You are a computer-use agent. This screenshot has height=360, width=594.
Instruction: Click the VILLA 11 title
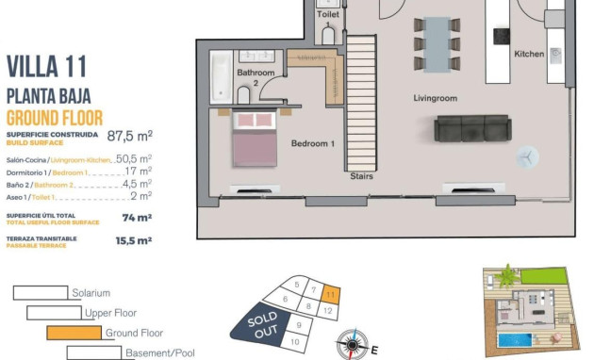click(x=47, y=66)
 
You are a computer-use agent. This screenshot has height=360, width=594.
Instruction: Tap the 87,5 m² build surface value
click(x=130, y=135)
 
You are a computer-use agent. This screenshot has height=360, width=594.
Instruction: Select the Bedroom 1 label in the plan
click(x=312, y=143)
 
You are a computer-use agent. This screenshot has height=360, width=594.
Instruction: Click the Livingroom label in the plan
click(x=435, y=98)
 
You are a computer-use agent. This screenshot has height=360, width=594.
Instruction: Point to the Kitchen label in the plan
click(x=529, y=55)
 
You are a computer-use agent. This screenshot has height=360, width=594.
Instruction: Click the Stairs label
click(x=361, y=176)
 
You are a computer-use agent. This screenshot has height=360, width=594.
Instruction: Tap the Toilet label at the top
click(x=327, y=15)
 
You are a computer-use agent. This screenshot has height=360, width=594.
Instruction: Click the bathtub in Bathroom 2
click(x=220, y=77)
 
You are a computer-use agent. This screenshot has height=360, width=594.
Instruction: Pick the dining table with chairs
click(x=437, y=43)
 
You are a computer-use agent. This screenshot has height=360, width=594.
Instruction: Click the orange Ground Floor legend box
click(x=74, y=333)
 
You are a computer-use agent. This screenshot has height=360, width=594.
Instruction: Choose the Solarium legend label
click(x=91, y=293)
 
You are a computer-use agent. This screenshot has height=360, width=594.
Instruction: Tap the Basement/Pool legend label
click(x=159, y=353)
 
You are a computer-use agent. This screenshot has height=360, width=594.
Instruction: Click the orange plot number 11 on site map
click(x=328, y=294)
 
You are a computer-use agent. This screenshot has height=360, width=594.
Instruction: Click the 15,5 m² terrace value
click(x=133, y=240)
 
